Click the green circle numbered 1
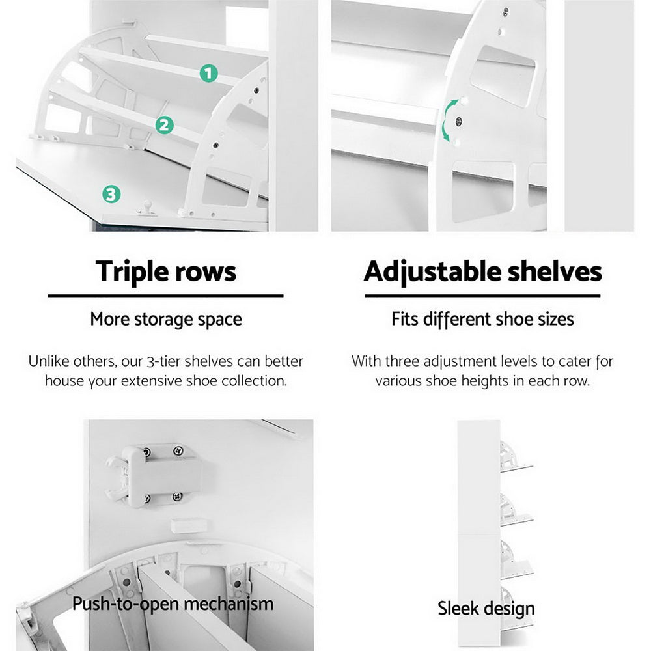(208, 74)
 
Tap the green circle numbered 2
(165, 125)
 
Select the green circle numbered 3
(111, 193)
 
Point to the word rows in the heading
(204, 271)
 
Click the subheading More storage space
(166, 320)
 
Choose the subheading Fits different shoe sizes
(482, 320)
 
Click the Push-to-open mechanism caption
(173, 603)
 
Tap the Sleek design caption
(486, 609)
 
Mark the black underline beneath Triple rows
(166, 296)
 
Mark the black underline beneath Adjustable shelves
(482, 296)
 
